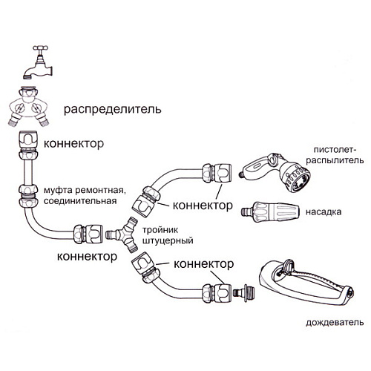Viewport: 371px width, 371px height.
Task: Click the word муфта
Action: (62, 190)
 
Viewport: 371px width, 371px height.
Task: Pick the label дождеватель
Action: (334, 324)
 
